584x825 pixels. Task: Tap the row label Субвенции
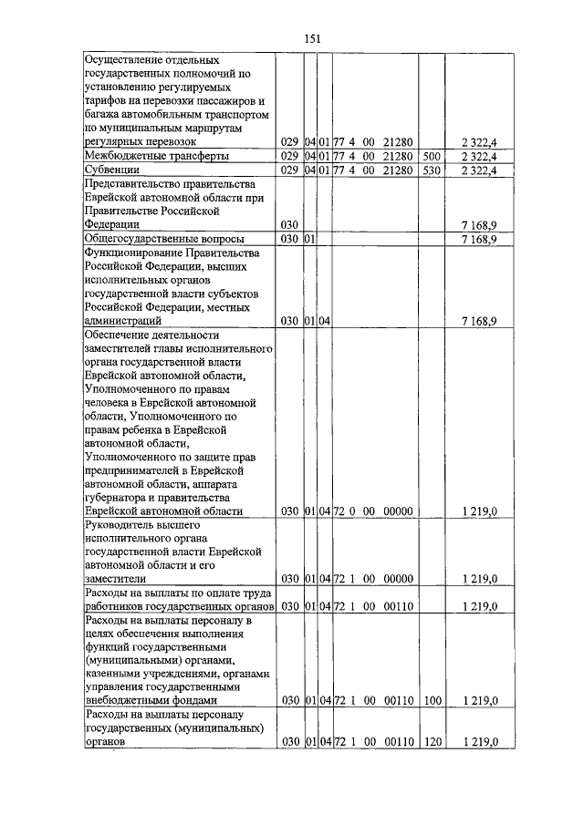click(110, 170)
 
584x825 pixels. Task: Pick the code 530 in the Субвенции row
click(432, 170)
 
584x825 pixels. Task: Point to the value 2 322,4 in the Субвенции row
click(479, 170)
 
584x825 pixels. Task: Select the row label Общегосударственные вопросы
click(154, 239)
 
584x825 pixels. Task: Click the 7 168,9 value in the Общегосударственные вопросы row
click(479, 239)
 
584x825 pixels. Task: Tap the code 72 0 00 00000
click(374, 512)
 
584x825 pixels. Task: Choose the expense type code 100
click(432, 700)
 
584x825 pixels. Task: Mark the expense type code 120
click(432, 743)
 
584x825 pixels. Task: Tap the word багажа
click(102, 116)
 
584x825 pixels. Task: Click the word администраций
click(123, 321)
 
